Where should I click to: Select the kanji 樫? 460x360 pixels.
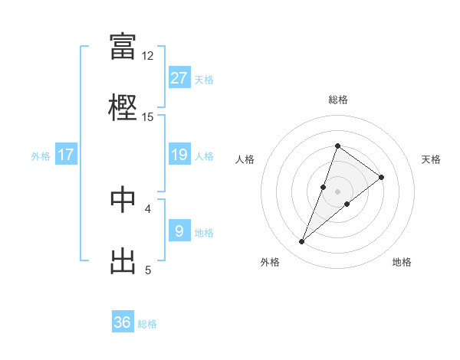pyautogui.click(x=123, y=106)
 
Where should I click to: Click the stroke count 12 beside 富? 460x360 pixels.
pyautogui.click(x=148, y=55)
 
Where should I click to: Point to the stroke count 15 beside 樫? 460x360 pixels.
pyautogui.click(x=148, y=116)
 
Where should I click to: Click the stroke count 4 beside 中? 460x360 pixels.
pyautogui.click(x=148, y=208)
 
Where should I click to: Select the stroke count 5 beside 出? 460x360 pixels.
pyautogui.click(x=148, y=270)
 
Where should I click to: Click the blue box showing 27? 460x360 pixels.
pyautogui.click(x=179, y=78)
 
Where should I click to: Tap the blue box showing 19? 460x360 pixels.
pyautogui.click(x=179, y=155)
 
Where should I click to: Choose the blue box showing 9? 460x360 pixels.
pyautogui.click(x=179, y=231)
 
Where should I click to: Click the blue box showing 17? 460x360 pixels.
pyautogui.click(x=66, y=155)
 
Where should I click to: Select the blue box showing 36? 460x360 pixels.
pyautogui.click(x=123, y=322)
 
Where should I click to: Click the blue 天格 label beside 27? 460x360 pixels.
pyautogui.click(x=203, y=80)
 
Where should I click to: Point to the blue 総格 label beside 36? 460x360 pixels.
pyautogui.click(x=147, y=324)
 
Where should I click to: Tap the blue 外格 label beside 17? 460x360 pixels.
pyautogui.click(x=41, y=156)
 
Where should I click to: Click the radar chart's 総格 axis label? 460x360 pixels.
pyautogui.click(x=337, y=100)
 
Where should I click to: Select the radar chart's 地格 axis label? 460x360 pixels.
pyautogui.click(x=402, y=263)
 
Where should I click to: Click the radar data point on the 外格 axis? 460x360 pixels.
pyautogui.click(x=302, y=242)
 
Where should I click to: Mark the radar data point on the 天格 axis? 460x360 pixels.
pyautogui.click(x=381, y=177)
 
